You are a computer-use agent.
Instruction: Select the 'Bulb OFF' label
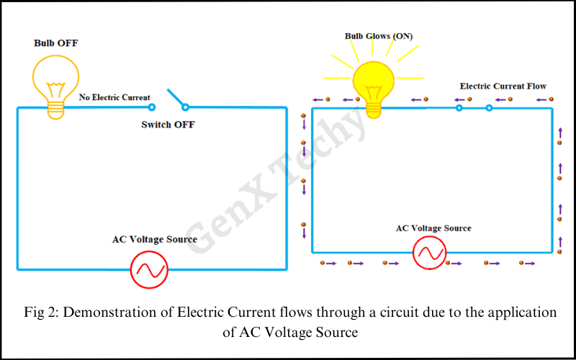[56, 43]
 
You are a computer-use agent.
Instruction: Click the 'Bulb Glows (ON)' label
[379, 35]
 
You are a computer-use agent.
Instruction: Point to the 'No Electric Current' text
[114, 97]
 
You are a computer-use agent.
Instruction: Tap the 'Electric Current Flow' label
[503, 86]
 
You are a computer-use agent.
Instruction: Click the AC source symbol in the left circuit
[149, 270]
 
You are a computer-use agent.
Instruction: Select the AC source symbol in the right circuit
[430, 253]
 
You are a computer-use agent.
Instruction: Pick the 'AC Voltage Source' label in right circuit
[433, 228]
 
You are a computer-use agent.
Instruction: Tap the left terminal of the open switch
[152, 108]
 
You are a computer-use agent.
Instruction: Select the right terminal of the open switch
[185, 108]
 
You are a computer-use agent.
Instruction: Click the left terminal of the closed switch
[459, 109]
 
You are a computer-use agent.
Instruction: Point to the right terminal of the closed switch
[489, 109]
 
